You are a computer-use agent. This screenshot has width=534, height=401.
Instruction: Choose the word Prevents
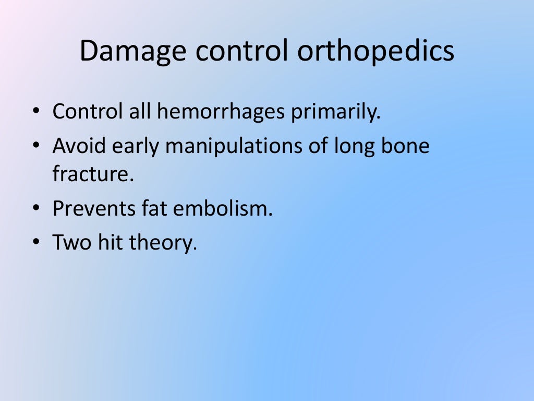[x=93, y=209]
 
